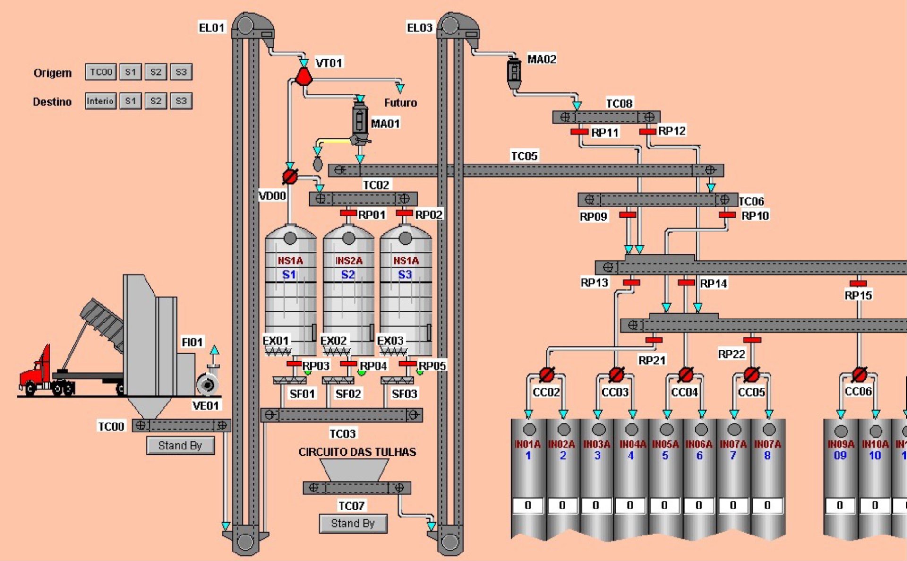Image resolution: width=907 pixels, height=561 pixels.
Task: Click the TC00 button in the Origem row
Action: [x=101, y=72]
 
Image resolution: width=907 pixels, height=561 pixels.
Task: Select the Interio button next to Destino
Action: [x=100, y=101]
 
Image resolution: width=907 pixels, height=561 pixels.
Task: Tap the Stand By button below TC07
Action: [x=353, y=524]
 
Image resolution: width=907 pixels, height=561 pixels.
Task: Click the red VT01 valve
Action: [x=304, y=77]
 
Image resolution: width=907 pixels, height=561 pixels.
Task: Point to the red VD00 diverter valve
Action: [x=290, y=177]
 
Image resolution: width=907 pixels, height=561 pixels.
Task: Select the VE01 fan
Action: [x=207, y=384]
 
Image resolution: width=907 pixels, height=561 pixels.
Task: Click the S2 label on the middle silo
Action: [x=348, y=275]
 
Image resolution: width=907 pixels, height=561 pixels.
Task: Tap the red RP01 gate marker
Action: [x=348, y=214]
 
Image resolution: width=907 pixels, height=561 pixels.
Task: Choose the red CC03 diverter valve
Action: [x=616, y=375]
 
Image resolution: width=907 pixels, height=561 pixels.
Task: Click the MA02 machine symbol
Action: [x=514, y=72]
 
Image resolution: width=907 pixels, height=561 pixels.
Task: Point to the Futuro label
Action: [x=400, y=103]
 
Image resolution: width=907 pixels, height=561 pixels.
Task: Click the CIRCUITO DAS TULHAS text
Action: [x=357, y=452]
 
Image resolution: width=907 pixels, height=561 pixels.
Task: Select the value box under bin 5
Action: [x=665, y=505]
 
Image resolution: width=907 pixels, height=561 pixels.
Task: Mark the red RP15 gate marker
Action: [x=858, y=284]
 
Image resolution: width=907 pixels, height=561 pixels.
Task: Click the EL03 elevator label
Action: [x=419, y=28]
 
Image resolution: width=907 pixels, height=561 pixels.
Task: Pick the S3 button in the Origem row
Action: [x=181, y=72]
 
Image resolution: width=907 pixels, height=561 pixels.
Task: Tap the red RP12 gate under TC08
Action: [x=647, y=131]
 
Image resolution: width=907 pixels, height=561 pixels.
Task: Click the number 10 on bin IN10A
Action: [x=875, y=456]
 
